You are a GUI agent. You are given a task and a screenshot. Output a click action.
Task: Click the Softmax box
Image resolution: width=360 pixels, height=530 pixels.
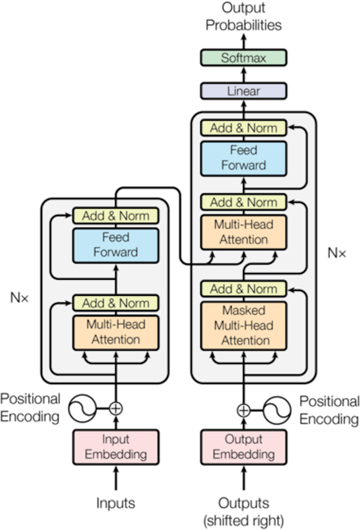pyautogui.click(x=243, y=58)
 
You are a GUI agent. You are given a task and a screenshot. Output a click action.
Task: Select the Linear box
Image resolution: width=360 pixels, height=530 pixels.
pyautogui.click(x=243, y=91)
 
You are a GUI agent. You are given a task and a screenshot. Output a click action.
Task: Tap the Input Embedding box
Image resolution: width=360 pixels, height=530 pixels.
pyautogui.click(x=116, y=447)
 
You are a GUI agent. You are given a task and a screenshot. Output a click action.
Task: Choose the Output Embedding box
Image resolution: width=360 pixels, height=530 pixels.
pyautogui.click(x=243, y=447)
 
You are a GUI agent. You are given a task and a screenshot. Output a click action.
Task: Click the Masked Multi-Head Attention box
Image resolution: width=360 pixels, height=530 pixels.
pyautogui.click(x=243, y=325)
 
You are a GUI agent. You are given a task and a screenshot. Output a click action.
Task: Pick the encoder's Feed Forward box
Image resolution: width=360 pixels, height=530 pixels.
pyautogui.click(x=116, y=245)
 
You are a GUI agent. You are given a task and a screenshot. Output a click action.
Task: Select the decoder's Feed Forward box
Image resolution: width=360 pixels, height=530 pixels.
pyautogui.click(x=243, y=158)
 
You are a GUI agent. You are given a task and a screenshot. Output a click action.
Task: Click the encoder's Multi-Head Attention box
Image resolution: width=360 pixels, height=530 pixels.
pyautogui.click(x=116, y=332)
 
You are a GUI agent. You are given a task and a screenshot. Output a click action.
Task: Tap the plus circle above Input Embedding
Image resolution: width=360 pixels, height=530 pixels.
pyautogui.click(x=116, y=408)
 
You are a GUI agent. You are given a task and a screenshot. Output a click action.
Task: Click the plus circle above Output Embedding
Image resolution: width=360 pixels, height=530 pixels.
pyautogui.click(x=243, y=409)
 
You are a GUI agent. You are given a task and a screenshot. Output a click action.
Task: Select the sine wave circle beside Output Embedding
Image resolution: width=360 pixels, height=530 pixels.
pyautogui.click(x=277, y=409)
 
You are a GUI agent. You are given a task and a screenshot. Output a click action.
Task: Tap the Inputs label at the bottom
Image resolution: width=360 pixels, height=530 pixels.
pyautogui.click(x=116, y=503)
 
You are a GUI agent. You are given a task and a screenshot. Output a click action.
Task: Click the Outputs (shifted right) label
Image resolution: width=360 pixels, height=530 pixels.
pyautogui.click(x=243, y=511)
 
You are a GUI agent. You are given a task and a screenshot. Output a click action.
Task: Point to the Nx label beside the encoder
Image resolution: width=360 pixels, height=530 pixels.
pyautogui.click(x=20, y=298)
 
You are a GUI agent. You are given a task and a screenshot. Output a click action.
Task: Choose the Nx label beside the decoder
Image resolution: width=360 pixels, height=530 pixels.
pyautogui.click(x=337, y=253)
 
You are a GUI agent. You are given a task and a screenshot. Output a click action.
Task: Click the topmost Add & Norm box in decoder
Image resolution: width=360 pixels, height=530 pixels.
pyautogui.click(x=243, y=128)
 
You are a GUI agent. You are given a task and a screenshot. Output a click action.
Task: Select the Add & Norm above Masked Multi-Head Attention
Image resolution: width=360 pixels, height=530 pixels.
pyautogui.click(x=243, y=289)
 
